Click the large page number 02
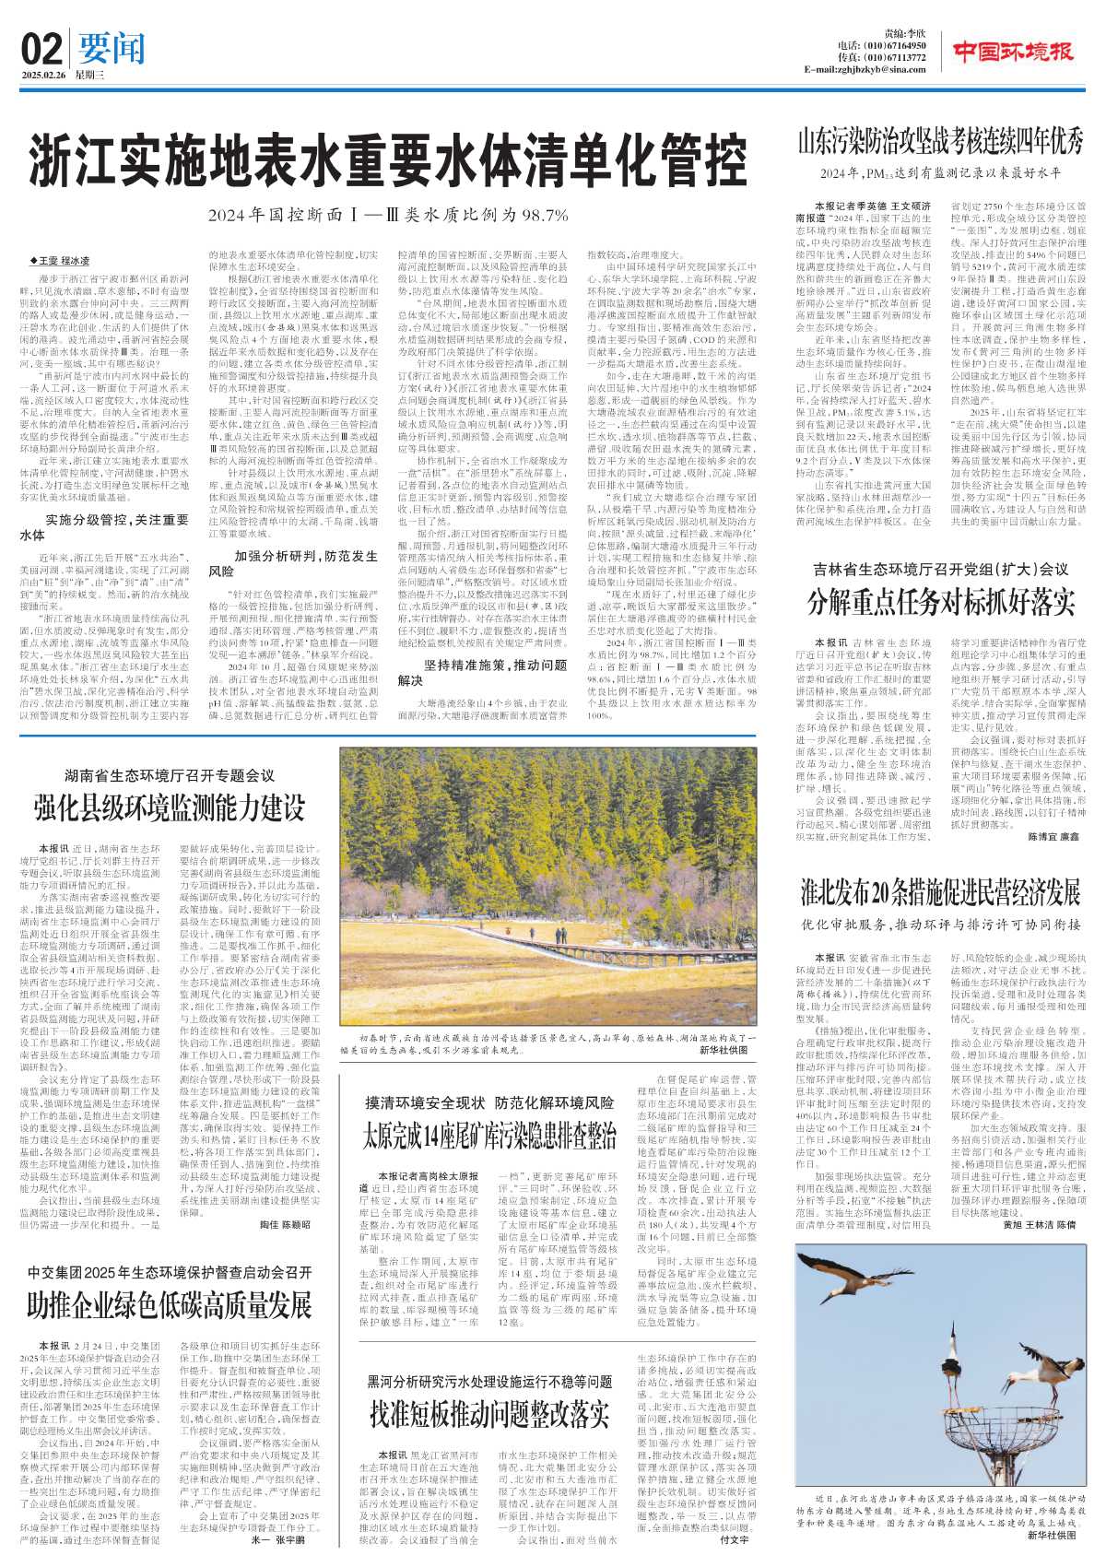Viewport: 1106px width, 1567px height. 41,47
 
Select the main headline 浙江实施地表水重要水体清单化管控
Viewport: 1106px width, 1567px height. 386,160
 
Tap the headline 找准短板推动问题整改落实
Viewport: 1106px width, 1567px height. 489,1412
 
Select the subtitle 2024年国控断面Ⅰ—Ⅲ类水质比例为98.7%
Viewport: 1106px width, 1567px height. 387,216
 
